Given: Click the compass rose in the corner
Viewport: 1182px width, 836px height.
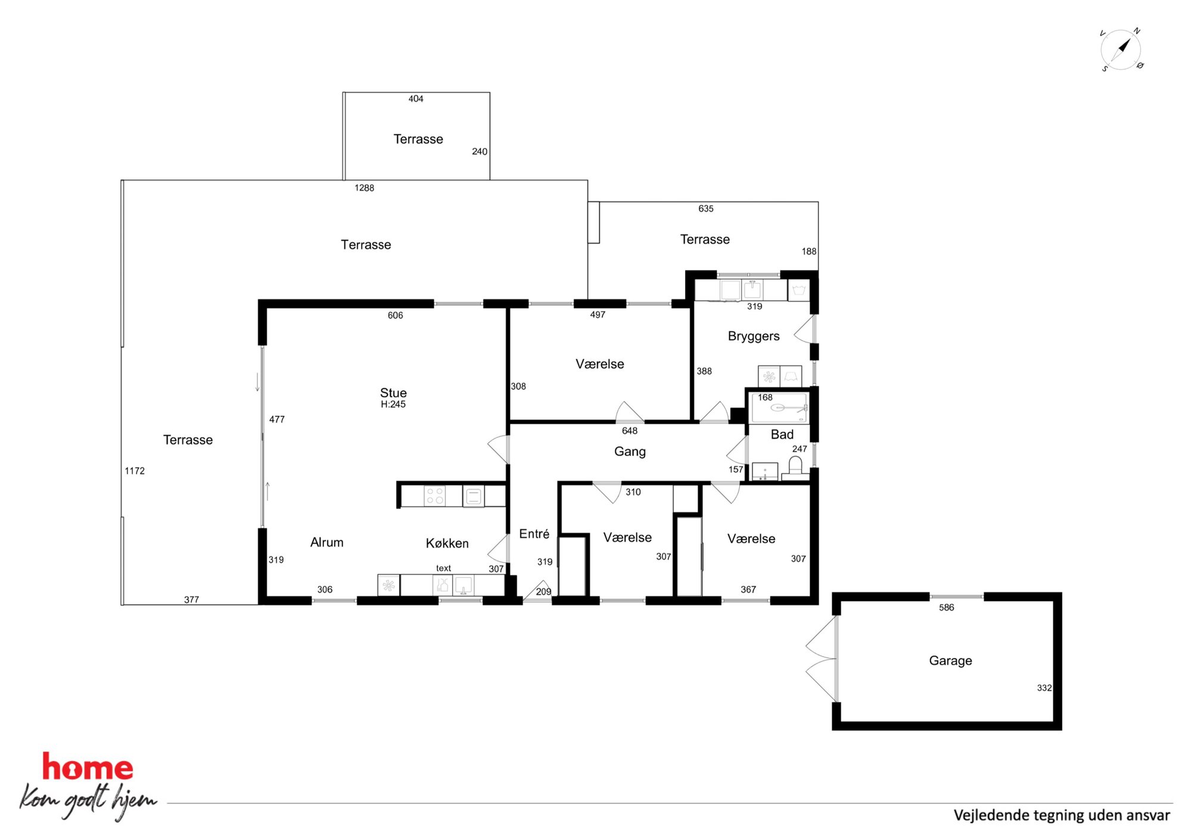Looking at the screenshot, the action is tap(1121, 49).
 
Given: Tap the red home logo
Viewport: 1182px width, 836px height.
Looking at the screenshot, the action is tap(88, 767).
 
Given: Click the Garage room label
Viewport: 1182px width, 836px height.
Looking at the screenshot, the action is tap(950, 660).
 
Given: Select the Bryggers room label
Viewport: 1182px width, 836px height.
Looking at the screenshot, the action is tap(754, 336).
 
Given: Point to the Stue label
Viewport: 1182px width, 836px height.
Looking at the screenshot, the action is tap(393, 393).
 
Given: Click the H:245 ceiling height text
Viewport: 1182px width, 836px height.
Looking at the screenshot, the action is tap(393, 404).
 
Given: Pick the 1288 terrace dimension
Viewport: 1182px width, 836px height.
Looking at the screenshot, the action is tap(364, 188).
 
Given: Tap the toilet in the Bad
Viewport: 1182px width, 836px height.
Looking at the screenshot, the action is tap(795, 467).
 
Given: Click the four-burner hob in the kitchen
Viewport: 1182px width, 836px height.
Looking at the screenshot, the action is tap(435, 496).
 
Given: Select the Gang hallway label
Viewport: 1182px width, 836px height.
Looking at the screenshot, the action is tap(630, 452).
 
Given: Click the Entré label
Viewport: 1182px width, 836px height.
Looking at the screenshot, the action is tap(534, 534).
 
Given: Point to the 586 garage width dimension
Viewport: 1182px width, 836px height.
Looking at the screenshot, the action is tap(946, 607).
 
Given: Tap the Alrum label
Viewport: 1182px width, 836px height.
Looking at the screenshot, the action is tap(326, 542).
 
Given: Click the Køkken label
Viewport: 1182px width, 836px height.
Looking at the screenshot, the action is tap(447, 543).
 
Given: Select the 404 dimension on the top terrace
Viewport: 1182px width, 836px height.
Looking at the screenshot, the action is tap(416, 99).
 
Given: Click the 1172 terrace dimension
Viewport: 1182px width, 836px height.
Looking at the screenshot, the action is tap(135, 471).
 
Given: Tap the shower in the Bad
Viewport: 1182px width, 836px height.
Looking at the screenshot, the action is tap(779, 408).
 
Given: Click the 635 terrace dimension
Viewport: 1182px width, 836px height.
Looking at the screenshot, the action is tap(705, 209).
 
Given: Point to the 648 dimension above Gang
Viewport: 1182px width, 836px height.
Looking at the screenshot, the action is tap(630, 431).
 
